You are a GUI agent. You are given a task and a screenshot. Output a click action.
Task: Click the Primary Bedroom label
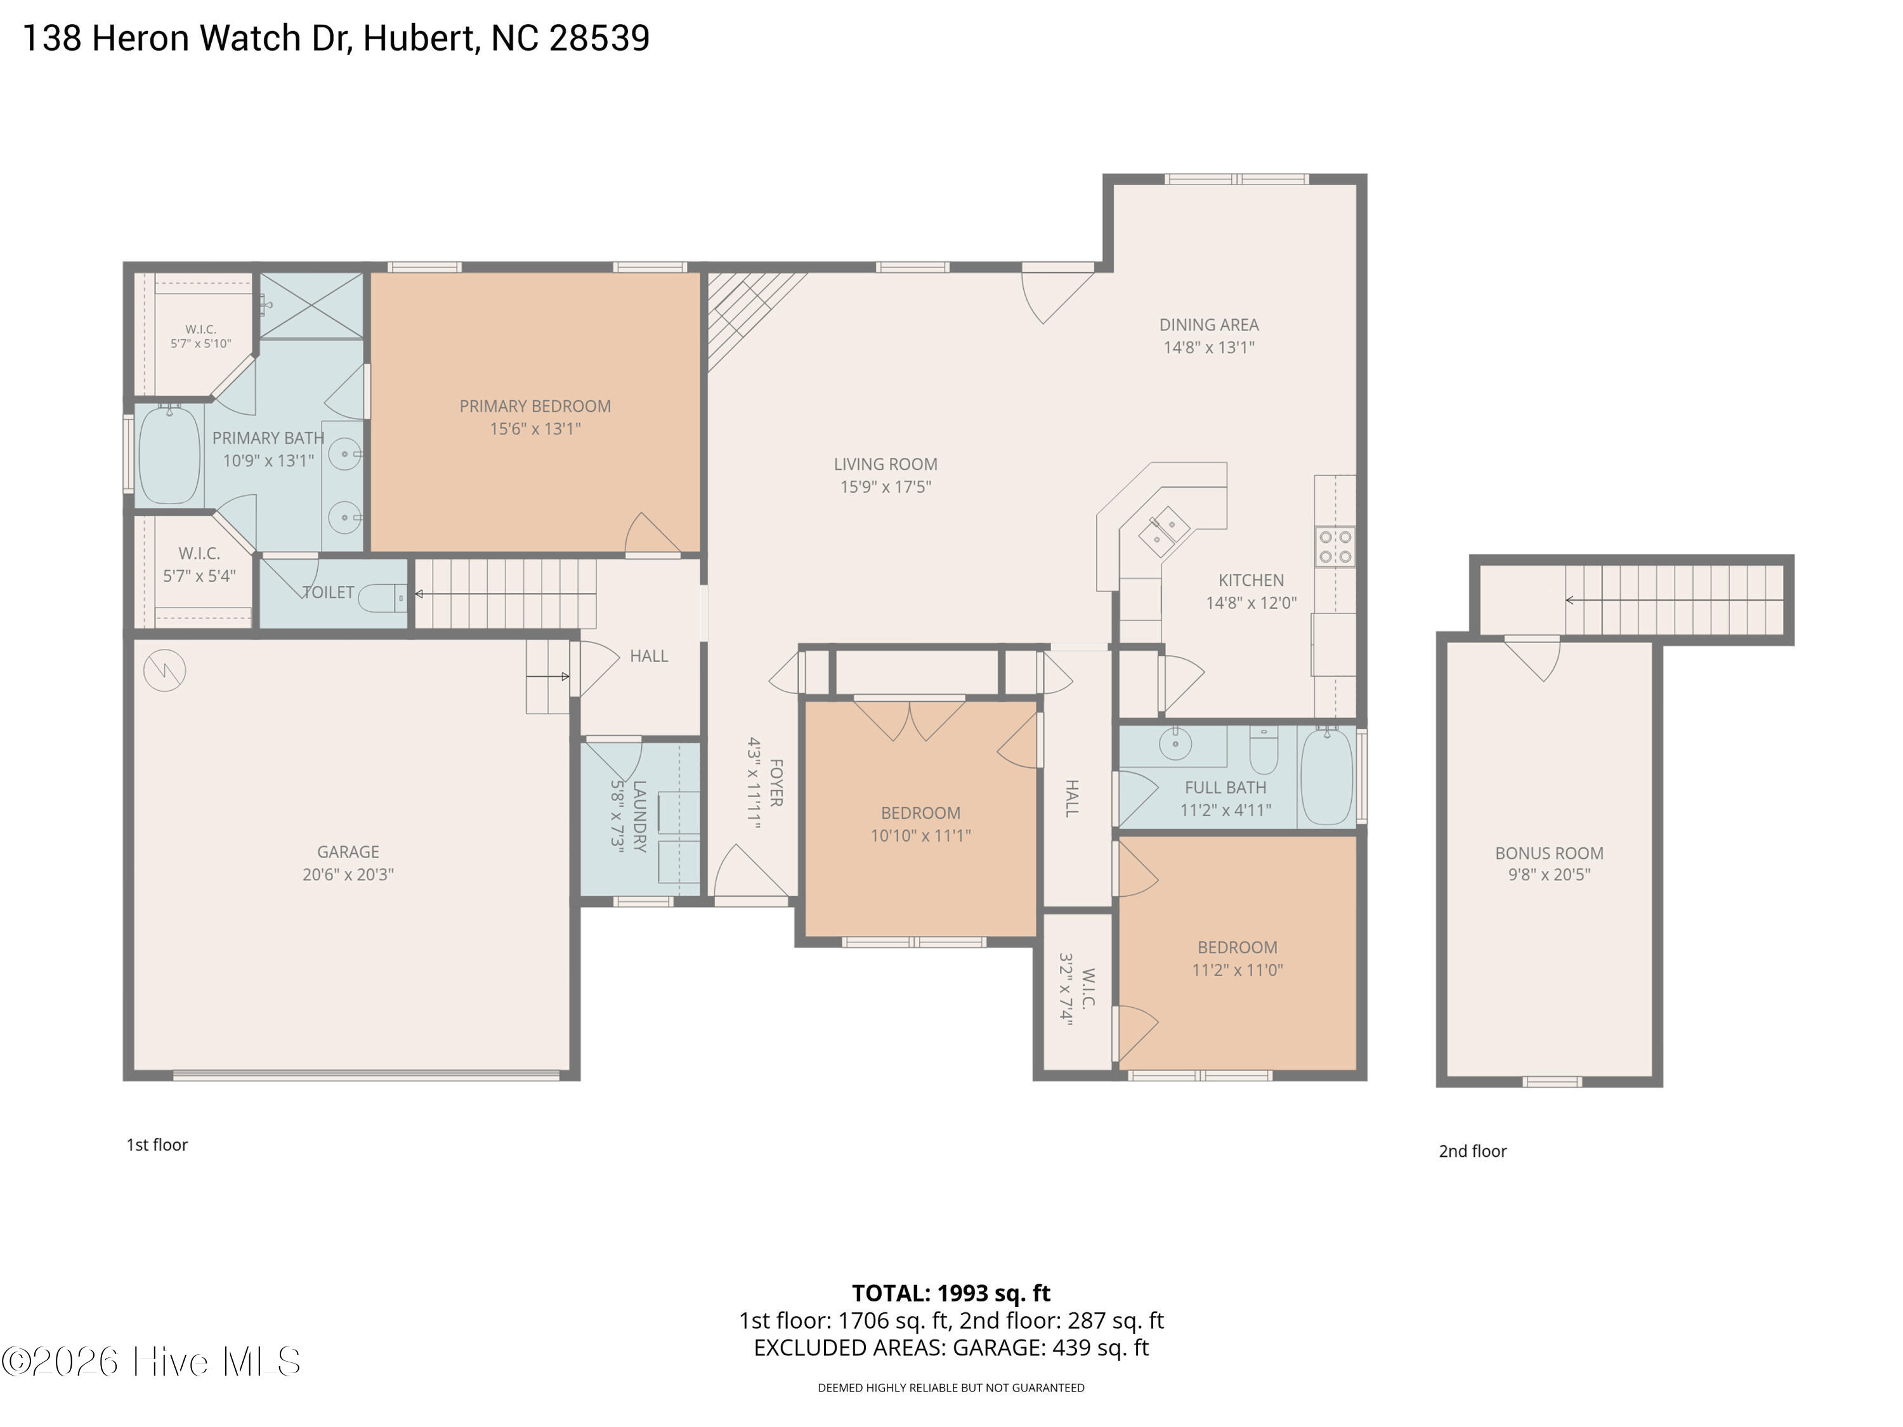535,406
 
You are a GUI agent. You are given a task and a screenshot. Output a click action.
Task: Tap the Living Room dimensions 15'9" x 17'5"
886,487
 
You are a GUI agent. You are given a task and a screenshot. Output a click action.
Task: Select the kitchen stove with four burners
1335,546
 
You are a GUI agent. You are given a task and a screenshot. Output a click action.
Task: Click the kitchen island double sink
1163,531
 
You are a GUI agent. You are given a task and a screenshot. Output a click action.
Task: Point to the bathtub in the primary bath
169,455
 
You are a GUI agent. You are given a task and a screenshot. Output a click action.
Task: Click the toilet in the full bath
1263,750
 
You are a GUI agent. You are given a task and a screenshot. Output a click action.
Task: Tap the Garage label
348,852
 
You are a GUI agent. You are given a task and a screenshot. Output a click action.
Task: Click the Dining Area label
1209,325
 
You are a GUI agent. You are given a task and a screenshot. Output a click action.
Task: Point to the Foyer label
775,783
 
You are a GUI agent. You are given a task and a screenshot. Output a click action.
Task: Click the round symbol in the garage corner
164,671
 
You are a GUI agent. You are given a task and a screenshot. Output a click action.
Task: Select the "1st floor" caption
157,1145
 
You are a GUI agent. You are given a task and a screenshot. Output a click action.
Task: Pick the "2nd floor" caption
1473,1151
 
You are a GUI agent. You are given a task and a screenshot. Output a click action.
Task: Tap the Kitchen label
1251,580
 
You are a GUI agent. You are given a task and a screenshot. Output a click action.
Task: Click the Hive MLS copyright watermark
152,1362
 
